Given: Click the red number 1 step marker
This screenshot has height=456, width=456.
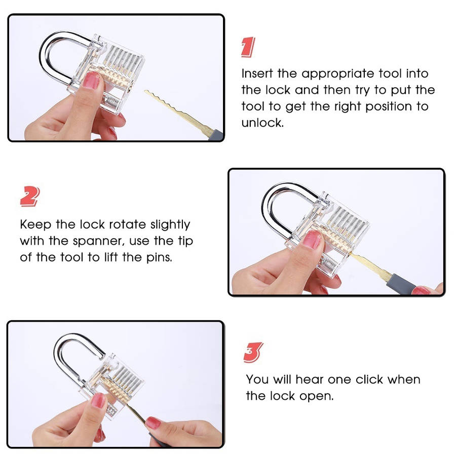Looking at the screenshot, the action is click(x=248, y=47).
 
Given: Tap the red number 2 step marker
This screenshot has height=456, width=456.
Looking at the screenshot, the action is click(x=30, y=196).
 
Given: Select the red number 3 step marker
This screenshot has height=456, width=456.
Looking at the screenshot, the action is click(x=253, y=353).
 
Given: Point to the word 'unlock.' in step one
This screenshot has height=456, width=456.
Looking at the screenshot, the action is click(x=262, y=123).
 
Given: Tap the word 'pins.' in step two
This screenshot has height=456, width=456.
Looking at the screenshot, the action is click(x=159, y=258).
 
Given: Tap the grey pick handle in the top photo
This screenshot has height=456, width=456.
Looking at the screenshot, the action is click(x=216, y=135).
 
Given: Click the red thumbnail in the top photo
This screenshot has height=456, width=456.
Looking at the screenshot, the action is click(x=91, y=80).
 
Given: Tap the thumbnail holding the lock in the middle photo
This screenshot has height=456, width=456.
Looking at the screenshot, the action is click(x=312, y=239).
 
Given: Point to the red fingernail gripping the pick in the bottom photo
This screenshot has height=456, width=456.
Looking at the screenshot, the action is click(x=153, y=423).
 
